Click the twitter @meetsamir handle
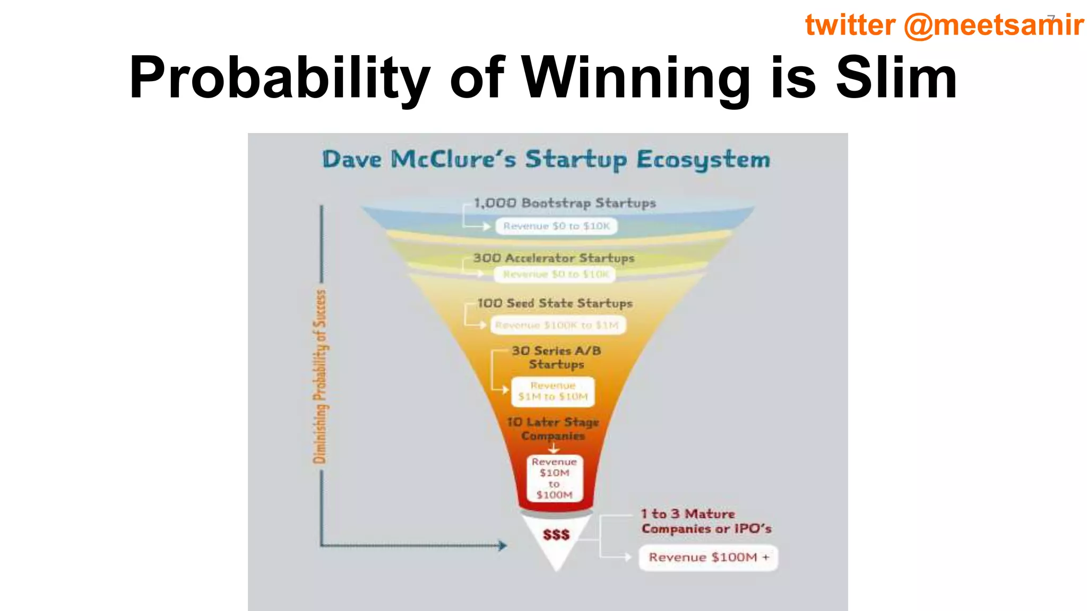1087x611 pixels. click(944, 25)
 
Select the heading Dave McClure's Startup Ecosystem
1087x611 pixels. click(546, 160)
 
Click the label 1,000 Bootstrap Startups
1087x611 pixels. click(564, 203)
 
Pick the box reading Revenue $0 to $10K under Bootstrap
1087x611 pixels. click(556, 226)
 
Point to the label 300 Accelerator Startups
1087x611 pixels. click(554, 258)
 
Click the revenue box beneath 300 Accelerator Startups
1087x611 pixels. click(555, 274)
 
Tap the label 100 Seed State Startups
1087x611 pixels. click(555, 303)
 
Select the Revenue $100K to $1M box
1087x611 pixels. click(557, 325)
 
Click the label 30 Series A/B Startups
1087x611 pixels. click(556, 357)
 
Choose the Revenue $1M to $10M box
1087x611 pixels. click(553, 391)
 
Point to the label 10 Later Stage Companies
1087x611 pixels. click(553, 429)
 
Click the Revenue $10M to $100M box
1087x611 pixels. click(555, 478)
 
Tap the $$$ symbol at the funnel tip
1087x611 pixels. click(556, 535)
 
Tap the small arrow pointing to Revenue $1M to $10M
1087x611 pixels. click(505, 390)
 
